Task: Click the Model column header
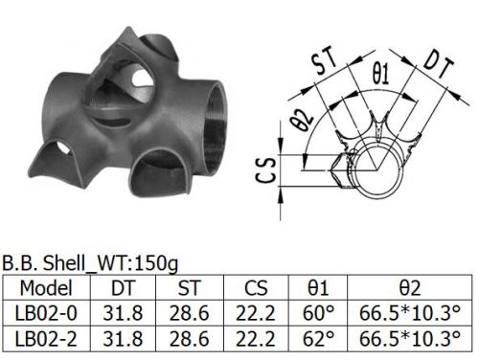46,288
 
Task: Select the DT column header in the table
124,288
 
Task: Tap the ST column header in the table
190,288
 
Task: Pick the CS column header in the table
256,288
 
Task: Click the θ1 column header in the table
318,288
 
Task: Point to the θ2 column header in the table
410,288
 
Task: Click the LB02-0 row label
46,313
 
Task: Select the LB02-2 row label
46,339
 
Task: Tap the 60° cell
318,313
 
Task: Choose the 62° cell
318,339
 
